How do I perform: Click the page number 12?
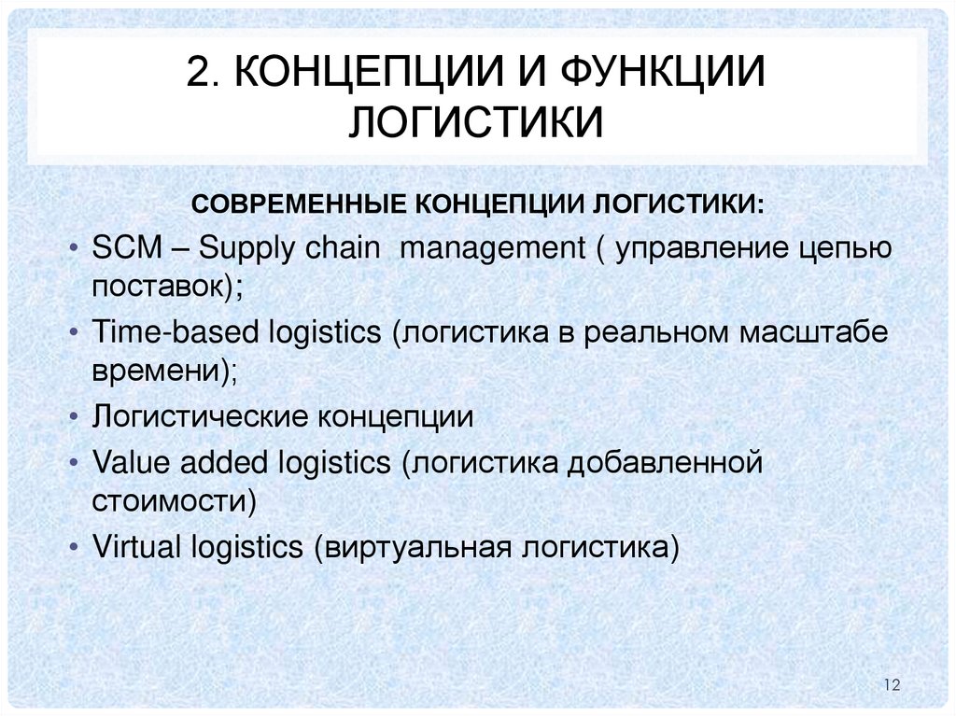coord(889,686)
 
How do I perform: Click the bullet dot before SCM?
coord(74,250)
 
